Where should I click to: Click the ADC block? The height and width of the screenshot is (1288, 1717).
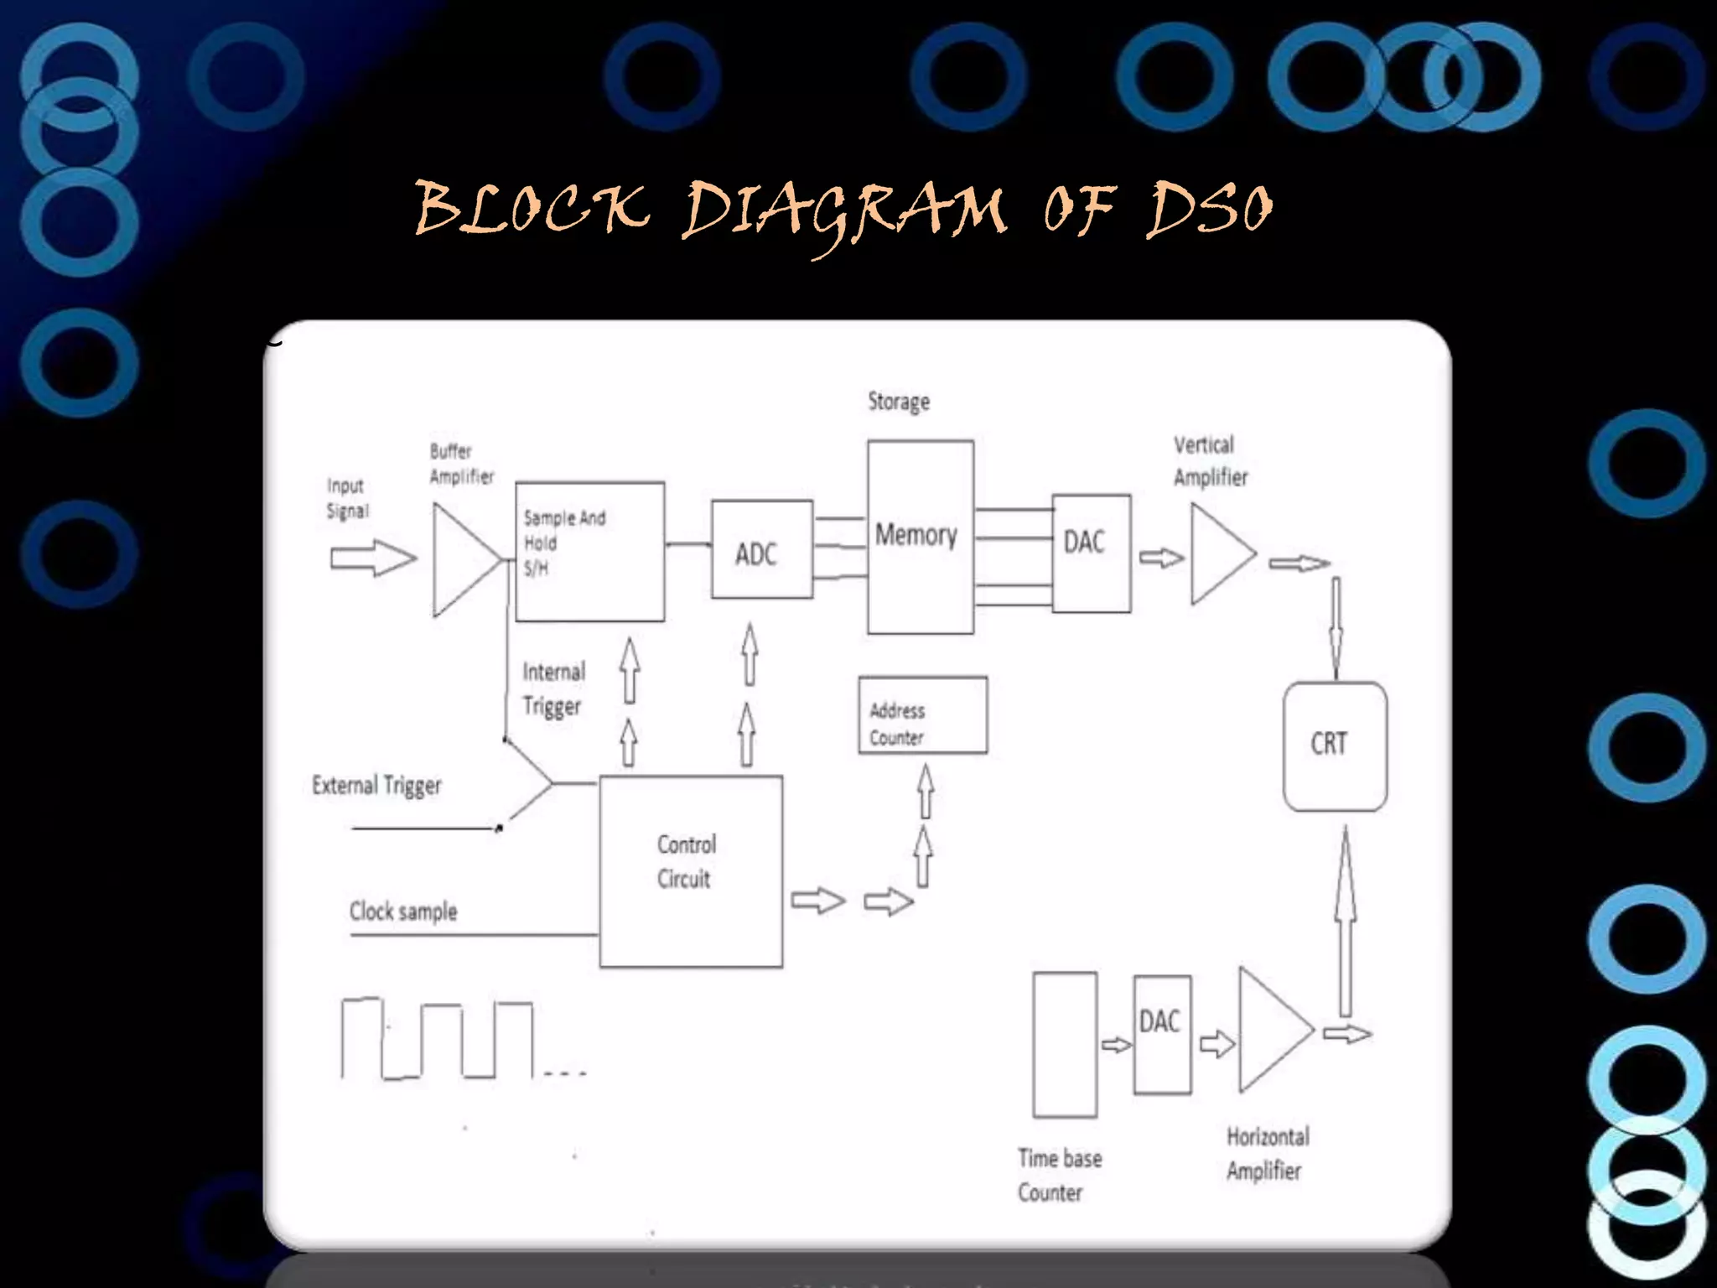(x=761, y=550)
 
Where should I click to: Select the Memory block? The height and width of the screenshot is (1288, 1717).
(x=920, y=537)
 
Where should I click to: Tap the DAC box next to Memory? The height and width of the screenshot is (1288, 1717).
(x=1091, y=553)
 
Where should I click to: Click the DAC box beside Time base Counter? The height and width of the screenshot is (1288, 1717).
(x=1161, y=1034)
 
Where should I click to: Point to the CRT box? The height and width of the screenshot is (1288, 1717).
(x=1335, y=745)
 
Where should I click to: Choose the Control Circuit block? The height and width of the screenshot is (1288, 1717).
(x=691, y=871)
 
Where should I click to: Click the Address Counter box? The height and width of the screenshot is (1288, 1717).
(x=922, y=715)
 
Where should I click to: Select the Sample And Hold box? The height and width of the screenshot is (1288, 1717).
(x=589, y=551)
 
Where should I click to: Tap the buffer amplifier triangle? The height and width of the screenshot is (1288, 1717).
(x=461, y=560)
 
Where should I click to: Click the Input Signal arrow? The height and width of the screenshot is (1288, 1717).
(x=372, y=558)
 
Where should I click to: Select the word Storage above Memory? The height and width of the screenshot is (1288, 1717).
(x=898, y=402)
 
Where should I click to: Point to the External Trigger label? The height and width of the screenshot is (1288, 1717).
(x=376, y=786)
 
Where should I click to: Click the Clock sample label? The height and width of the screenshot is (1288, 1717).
(x=403, y=911)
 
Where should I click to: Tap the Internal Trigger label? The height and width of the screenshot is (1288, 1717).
(x=553, y=688)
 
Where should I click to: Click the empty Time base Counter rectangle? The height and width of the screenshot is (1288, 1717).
(x=1065, y=1045)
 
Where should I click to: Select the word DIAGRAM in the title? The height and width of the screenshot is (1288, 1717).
(x=843, y=210)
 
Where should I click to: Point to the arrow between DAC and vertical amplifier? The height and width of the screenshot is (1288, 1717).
(x=1160, y=558)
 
